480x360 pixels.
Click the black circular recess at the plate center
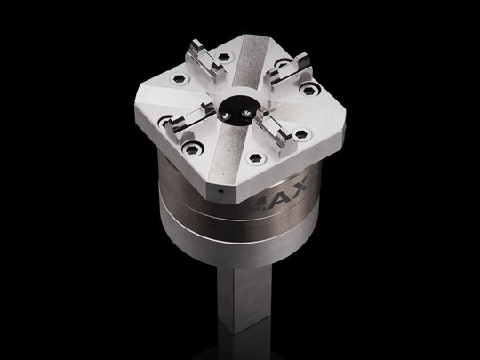pos(237,107)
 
